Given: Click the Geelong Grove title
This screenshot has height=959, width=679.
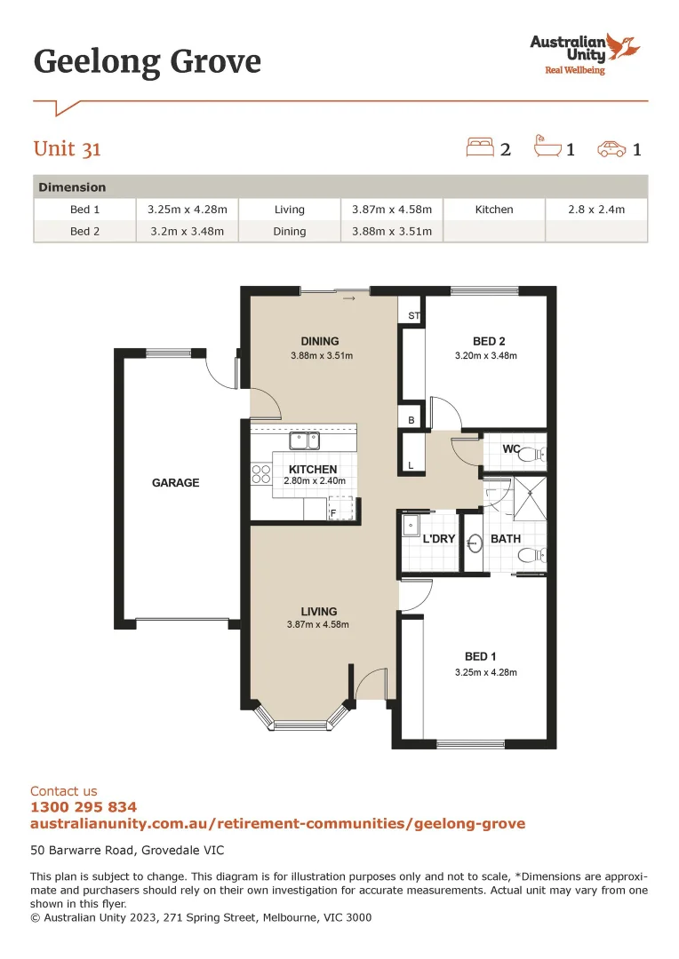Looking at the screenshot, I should pyautogui.click(x=148, y=62).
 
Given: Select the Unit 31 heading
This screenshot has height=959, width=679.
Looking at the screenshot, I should pyautogui.click(x=68, y=148).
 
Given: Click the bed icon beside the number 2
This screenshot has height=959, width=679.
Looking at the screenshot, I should pyautogui.click(x=480, y=147).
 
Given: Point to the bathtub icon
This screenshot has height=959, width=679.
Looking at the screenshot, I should pyautogui.click(x=547, y=147).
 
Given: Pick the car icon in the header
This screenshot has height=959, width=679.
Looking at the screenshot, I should pyautogui.click(x=611, y=148).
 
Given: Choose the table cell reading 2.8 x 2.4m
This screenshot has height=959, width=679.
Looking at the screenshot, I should pyautogui.click(x=596, y=210).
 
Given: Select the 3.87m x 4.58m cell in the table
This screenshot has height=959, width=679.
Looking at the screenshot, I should pyautogui.click(x=391, y=210).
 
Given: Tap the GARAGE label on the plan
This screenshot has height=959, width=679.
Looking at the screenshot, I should pyautogui.click(x=175, y=483).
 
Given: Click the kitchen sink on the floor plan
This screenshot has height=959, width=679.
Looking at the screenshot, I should pyautogui.click(x=305, y=440).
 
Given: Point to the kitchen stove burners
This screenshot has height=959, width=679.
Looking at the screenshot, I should pyautogui.click(x=261, y=474).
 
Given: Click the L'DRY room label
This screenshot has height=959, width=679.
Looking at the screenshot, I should pyautogui.click(x=438, y=539).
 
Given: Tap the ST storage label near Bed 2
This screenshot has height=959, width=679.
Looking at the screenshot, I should pyautogui.click(x=413, y=316).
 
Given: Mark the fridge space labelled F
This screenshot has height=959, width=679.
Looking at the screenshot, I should pyautogui.click(x=334, y=512).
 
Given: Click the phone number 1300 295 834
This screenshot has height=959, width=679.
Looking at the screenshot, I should pyautogui.click(x=84, y=807).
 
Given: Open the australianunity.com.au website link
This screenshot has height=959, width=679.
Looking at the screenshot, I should pyautogui.click(x=277, y=824).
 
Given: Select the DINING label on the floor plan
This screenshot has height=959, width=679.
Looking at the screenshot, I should pyautogui.click(x=320, y=341).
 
